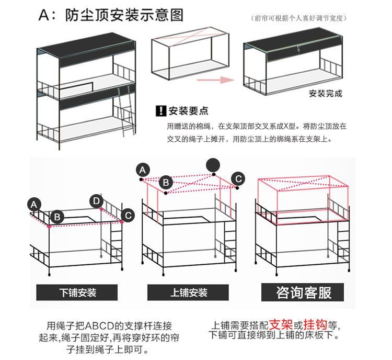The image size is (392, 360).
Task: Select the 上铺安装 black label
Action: pyautogui.click(x=189, y=292)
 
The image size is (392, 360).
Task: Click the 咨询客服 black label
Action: pyautogui.click(x=304, y=292)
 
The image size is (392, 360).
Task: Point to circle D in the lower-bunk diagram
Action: pyautogui.click(x=96, y=201)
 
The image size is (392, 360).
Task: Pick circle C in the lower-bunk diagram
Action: pyautogui.click(x=127, y=215)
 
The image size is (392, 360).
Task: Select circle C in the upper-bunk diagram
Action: pyautogui.click(x=238, y=178)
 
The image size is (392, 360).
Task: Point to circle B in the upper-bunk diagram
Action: pyautogui.click(x=166, y=183)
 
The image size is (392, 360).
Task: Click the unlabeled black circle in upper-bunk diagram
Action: pyautogui.click(x=213, y=165)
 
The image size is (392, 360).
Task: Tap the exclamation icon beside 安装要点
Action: pyautogui.click(x=160, y=111)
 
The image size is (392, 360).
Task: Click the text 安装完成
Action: pyautogui.click(x=326, y=94)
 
